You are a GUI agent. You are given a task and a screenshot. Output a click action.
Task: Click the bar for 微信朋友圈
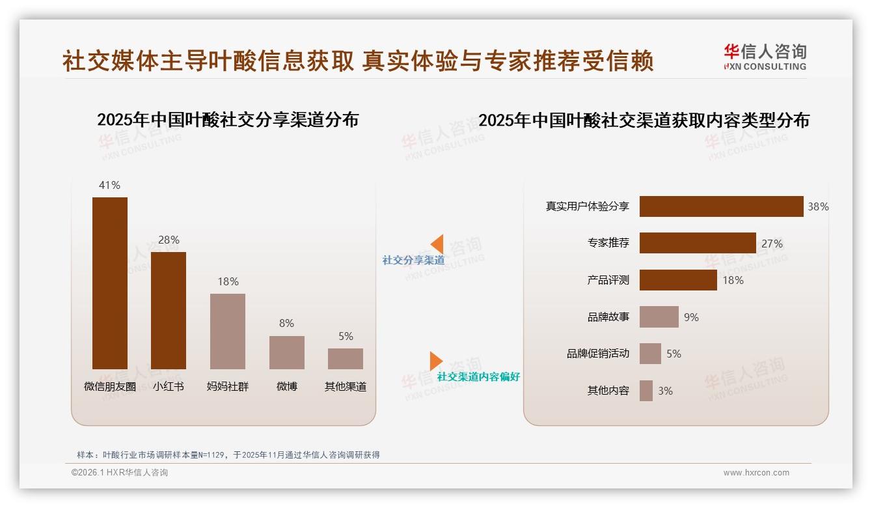pos(110,283)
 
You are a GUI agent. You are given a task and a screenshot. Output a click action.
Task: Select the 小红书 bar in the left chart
pos(169,311)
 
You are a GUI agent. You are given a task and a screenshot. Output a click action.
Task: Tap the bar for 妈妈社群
pos(228,332)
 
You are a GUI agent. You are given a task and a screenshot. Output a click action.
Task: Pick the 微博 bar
pos(287,352)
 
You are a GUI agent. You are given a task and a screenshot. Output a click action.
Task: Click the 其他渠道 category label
pos(346,386)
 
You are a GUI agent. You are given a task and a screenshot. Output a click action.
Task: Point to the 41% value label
pos(109,185)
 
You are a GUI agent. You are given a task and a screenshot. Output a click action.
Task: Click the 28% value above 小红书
pos(169,240)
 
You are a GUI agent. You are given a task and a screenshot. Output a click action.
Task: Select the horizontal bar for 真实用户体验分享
pos(721,206)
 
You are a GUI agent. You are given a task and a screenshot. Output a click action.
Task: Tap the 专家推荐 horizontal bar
pos(698,243)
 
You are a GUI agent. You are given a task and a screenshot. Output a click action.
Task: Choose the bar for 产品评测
pos(678,280)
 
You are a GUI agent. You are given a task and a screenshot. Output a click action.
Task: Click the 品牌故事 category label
pos(608,317)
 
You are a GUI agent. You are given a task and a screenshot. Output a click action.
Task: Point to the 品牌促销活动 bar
pos(650,354)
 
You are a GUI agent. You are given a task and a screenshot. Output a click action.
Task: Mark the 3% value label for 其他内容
pos(665,391)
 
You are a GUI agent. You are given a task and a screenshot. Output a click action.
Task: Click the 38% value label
pos(818,206)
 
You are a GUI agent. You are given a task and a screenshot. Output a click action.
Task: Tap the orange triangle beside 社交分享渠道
pos(437,244)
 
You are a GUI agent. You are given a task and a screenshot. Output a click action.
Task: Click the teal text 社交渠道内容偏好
pos(478,376)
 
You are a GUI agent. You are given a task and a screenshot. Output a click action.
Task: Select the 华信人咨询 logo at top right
pos(765,57)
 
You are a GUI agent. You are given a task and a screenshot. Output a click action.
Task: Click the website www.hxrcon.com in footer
pos(756,473)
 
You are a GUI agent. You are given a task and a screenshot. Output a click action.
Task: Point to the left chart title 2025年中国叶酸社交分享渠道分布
pos(228,120)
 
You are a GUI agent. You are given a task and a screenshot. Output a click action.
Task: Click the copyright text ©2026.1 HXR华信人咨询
pos(120,473)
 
